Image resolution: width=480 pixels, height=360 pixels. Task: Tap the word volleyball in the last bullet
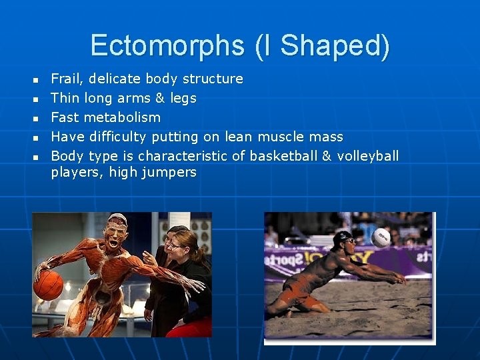(x=368, y=156)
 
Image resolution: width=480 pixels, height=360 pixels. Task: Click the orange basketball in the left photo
(x=48, y=285)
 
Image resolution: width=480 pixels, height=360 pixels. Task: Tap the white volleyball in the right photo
(x=381, y=238)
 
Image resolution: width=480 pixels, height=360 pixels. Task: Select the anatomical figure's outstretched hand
(x=194, y=285)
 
